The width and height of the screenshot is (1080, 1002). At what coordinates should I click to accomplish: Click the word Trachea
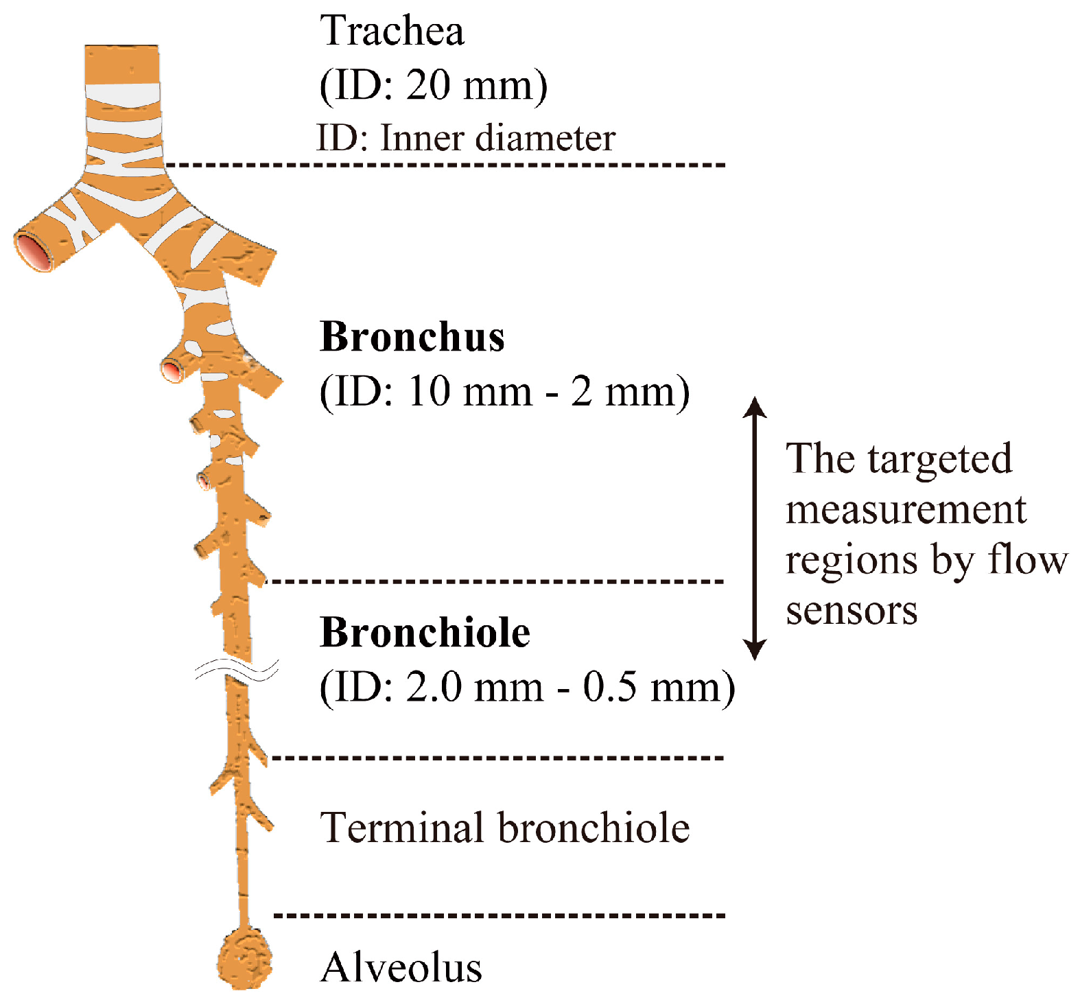(392, 32)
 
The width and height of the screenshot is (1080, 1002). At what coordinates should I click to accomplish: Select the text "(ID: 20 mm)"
(434, 86)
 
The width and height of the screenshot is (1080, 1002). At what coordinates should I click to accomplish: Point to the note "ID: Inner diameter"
(465, 138)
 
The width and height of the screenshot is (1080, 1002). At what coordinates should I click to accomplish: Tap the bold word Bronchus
(412, 337)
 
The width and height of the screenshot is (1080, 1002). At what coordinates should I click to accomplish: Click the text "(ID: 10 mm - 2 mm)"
(504, 392)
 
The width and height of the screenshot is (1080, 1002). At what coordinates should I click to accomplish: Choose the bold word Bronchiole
(425, 632)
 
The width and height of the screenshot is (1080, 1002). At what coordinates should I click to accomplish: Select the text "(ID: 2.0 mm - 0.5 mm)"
(527, 687)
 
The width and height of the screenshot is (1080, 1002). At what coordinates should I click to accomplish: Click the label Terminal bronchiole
(504, 828)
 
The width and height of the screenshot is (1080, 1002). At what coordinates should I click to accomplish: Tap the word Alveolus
(401, 968)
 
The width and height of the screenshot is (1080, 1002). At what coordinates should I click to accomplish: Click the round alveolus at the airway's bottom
(245, 959)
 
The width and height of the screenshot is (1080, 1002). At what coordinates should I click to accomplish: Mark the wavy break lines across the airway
(237, 671)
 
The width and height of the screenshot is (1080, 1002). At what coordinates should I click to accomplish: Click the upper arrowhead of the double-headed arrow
(755, 407)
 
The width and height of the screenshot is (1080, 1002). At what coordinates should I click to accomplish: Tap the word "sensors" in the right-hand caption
(852, 610)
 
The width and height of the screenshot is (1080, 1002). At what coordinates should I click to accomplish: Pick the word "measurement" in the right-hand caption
(906, 510)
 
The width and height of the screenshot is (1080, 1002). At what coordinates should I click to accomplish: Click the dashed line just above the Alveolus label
(499, 915)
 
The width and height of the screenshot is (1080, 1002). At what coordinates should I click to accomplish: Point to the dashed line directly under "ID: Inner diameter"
(446, 165)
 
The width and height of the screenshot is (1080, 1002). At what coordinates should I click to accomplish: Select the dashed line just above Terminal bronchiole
(497, 758)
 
